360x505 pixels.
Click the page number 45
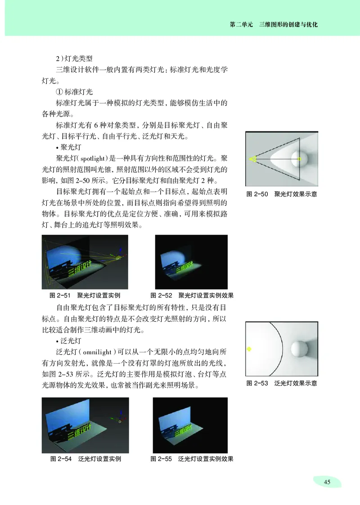click(327, 482)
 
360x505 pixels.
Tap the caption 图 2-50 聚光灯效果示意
click(282, 194)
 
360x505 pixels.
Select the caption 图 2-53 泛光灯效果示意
click(282, 383)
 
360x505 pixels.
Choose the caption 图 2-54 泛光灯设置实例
click(85, 459)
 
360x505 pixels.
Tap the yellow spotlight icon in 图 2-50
click(252, 158)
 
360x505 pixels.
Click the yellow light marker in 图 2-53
click(249, 349)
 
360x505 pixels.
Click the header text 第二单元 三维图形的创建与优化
click(274, 25)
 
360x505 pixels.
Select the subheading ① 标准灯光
click(74, 91)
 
